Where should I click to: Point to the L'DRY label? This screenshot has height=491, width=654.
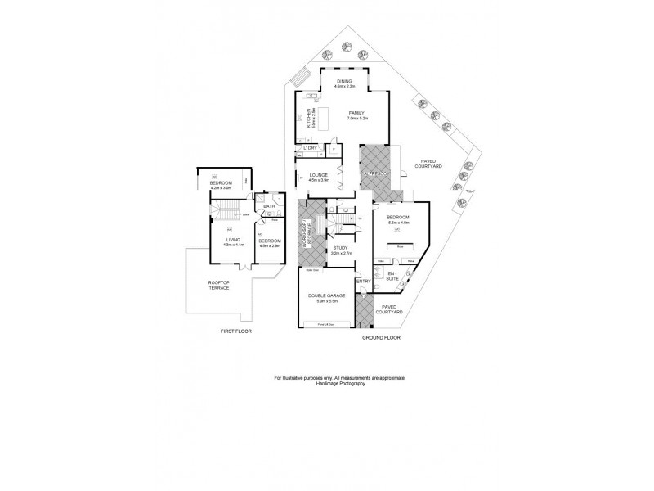coord(311,147)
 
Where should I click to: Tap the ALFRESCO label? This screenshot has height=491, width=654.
coord(378,174)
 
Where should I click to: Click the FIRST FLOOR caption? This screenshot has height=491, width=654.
coord(236,331)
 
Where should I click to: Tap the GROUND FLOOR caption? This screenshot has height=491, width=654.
coord(381,336)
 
